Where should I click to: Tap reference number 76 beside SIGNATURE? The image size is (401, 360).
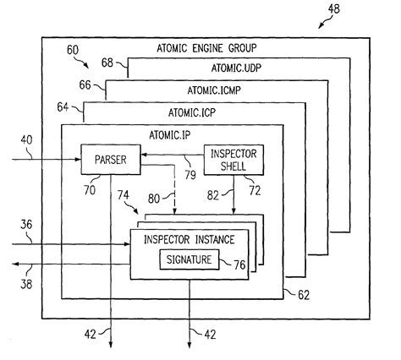239,265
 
